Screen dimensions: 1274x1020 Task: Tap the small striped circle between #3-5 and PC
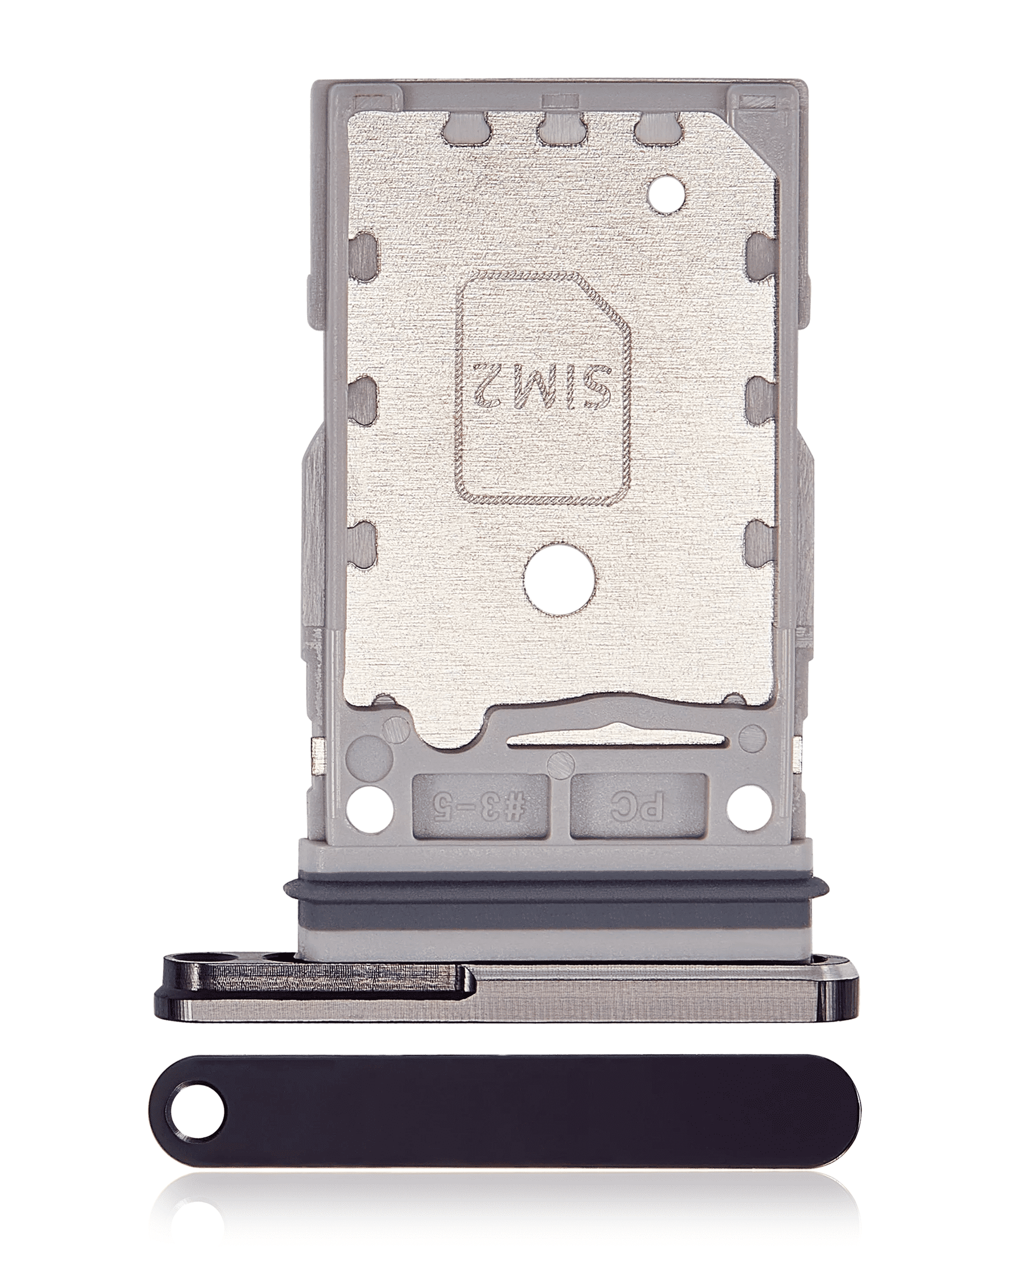pos(560,766)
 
